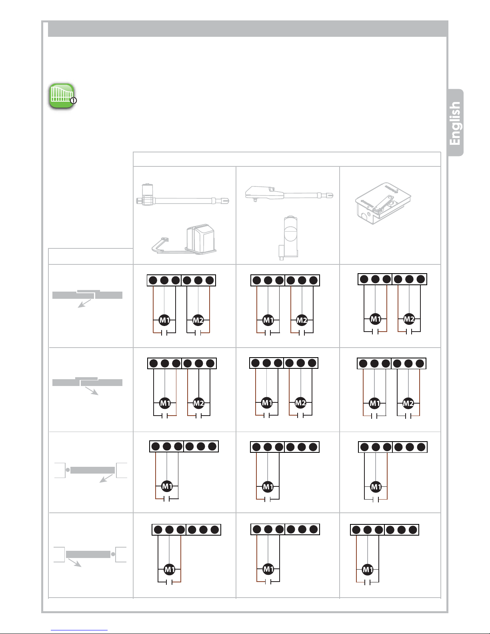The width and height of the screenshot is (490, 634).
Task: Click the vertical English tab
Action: point(455,123)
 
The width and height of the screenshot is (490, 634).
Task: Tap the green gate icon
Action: point(61,96)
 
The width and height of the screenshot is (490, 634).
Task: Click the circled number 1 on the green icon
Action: point(74,101)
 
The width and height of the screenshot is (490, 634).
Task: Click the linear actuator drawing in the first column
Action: point(183,196)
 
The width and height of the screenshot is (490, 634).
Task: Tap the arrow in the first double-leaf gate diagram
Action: point(84,304)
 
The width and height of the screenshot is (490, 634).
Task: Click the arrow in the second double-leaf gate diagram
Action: point(92,391)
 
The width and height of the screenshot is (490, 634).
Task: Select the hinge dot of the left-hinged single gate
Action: point(68,470)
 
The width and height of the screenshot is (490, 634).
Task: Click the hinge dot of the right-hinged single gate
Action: point(113,554)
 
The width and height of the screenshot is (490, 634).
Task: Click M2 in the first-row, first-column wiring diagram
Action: point(198,320)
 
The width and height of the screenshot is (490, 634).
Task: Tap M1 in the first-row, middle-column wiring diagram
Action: point(268,320)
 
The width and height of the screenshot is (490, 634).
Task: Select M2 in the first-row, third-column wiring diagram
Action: point(409,319)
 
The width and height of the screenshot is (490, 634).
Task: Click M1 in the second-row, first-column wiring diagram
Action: point(165,403)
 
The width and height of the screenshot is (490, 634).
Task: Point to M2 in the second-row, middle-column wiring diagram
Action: point(300,403)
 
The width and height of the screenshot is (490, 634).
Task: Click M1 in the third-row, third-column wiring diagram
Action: point(376,487)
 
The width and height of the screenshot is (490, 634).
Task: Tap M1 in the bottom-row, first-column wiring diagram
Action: point(170,569)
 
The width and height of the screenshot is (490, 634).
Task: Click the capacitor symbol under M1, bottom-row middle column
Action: point(268,582)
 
